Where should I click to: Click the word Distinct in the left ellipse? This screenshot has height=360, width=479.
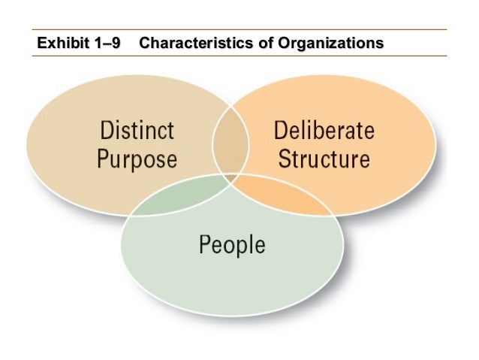click(137, 131)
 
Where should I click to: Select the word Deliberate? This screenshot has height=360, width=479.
click(324, 131)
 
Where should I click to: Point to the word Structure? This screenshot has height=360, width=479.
click(324, 159)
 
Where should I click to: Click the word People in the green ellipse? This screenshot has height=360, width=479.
click(232, 245)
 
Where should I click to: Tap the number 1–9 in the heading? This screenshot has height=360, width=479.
click(105, 42)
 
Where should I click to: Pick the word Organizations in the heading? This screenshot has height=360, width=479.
click(330, 42)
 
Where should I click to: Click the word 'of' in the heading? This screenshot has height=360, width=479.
click(266, 42)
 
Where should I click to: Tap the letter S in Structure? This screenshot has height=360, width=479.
click(282, 159)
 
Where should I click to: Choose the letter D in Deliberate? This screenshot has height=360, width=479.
click(281, 131)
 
